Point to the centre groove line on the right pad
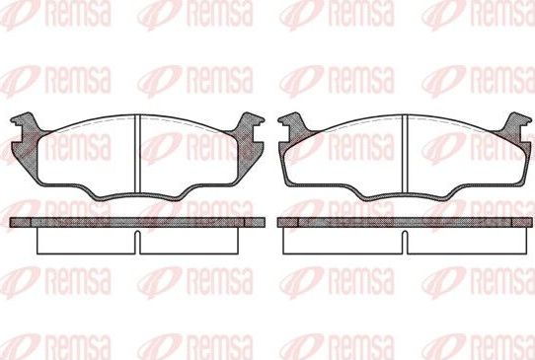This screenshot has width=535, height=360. point(406,154)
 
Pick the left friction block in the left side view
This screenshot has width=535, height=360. point(83,240)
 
